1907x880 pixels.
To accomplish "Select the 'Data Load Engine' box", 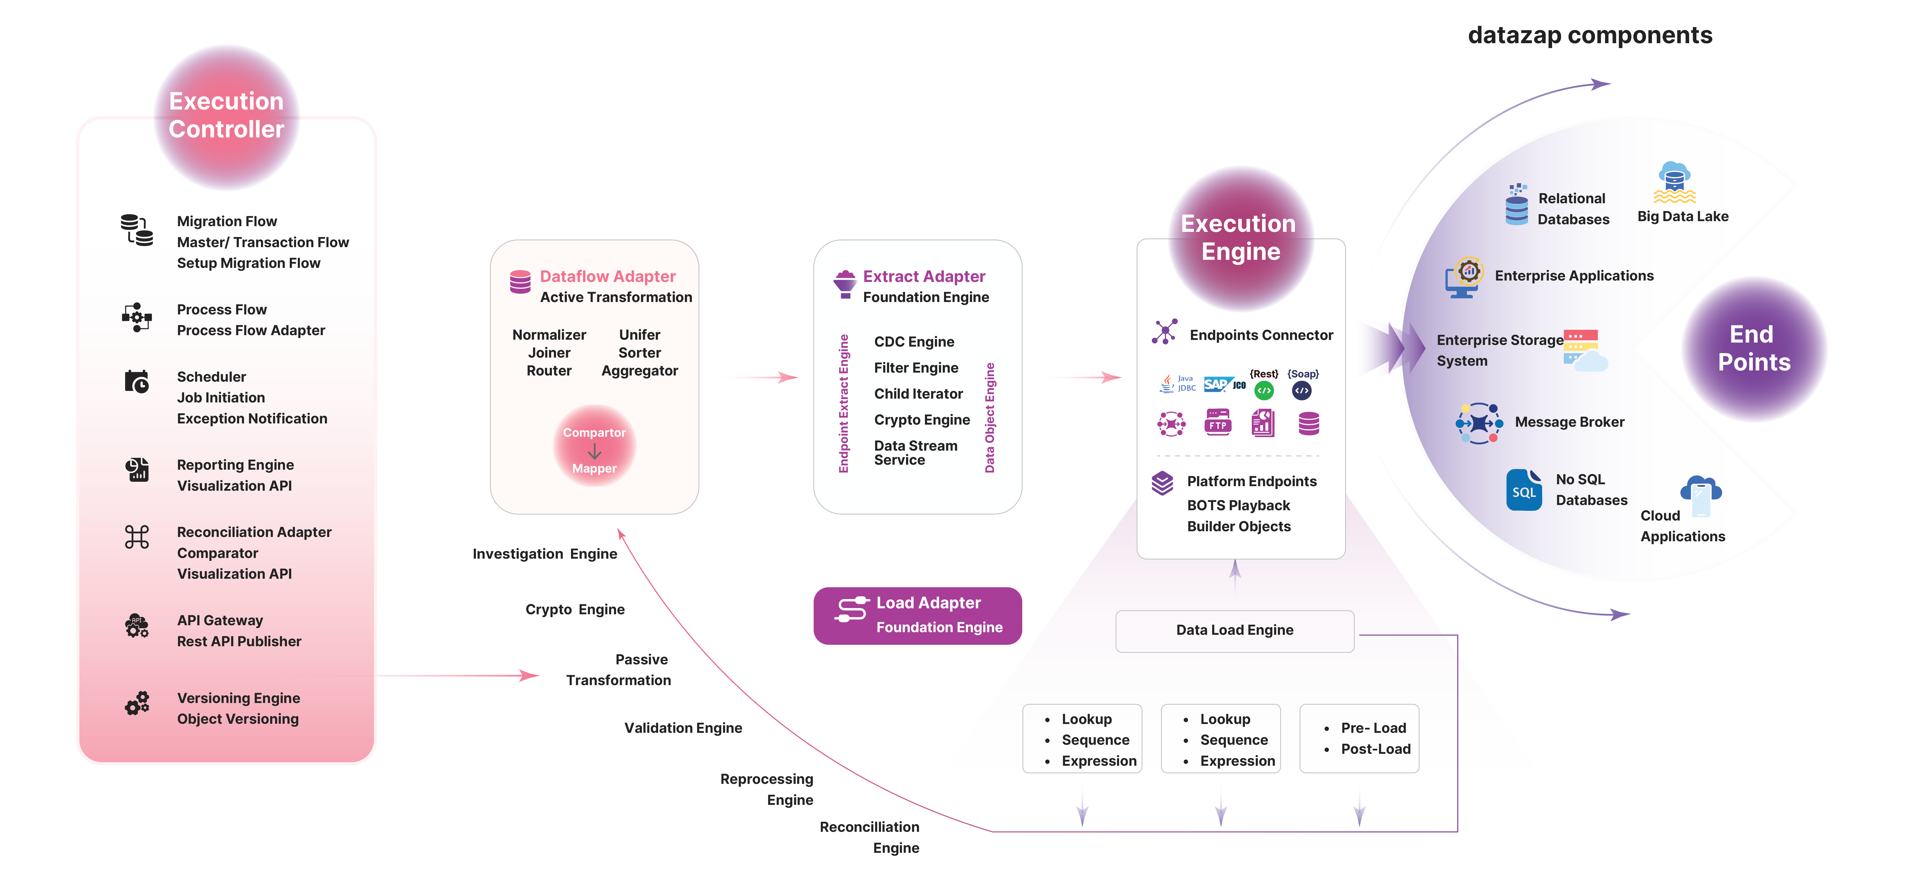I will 1234,630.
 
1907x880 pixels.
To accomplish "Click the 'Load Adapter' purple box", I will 917,615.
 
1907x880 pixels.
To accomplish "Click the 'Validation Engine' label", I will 683,728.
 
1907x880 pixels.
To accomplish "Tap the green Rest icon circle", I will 1264,390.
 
